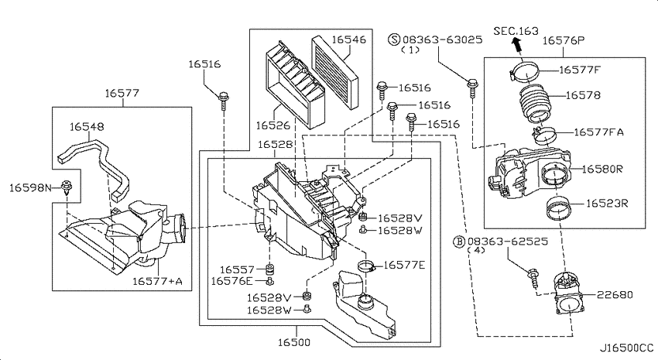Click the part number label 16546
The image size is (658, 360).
[348, 39]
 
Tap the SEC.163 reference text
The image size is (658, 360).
[516, 31]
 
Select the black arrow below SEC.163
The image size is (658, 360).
[517, 44]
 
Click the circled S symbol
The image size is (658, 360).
[394, 39]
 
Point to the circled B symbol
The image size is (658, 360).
[460, 242]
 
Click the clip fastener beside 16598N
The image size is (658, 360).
[67, 187]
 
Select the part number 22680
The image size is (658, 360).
[615, 295]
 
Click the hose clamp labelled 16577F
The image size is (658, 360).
[525, 71]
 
